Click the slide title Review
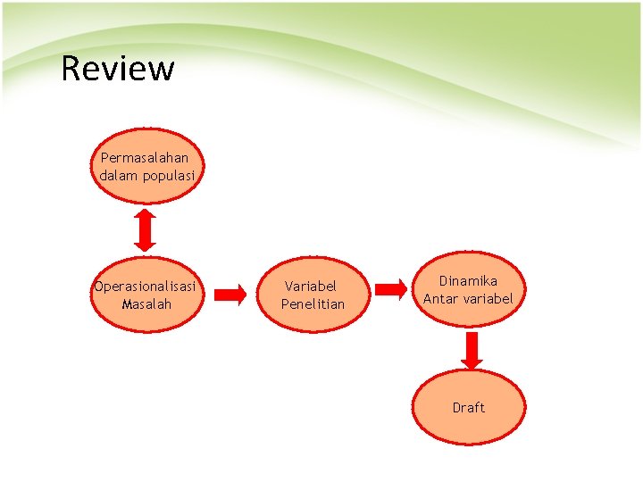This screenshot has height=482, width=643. [x=118, y=68]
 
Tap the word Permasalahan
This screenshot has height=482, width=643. [x=138, y=158]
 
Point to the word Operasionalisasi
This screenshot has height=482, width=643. [x=145, y=287]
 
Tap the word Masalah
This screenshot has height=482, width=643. [x=146, y=304]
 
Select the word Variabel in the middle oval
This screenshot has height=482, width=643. [x=311, y=287]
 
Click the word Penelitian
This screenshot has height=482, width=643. [x=313, y=304]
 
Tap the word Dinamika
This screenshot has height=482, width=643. [x=468, y=281]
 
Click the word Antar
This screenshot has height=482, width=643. [x=440, y=299]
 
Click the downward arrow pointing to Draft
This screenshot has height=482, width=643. [x=472, y=351]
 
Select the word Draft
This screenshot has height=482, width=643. [x=469, y=408]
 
